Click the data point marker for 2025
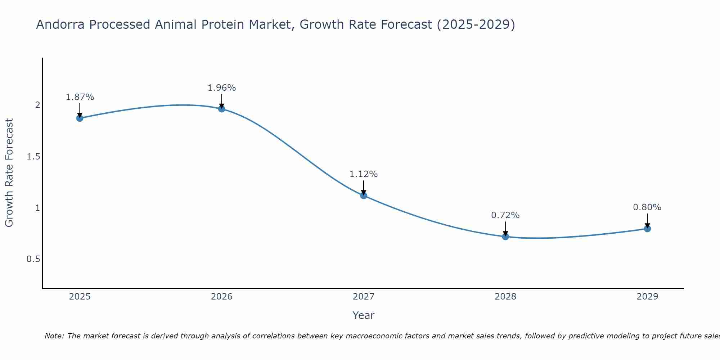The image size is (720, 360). click(80, 118)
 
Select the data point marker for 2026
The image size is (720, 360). click(222, 109)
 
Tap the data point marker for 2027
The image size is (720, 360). click(364, 195)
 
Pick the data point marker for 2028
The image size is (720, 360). click(505, 237)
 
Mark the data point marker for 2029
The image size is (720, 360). click(647, 229)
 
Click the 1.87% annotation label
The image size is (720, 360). click(80, 97)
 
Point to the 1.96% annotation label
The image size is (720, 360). click(222, 88)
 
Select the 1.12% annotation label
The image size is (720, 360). click(364, 174)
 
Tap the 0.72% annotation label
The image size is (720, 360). click(505, 215)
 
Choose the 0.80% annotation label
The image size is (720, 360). click(647, 207)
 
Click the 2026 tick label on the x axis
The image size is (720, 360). click(222, 297)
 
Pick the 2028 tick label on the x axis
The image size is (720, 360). click(505, 297)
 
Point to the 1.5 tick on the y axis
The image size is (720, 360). click(33, 157)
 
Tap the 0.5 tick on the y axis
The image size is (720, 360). click(33, 259)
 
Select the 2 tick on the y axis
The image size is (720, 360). click(37, 105)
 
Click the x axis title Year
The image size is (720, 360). click(364, 315)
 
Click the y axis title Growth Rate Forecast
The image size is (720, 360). click(9, 173)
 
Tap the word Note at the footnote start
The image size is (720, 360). click(54, 336)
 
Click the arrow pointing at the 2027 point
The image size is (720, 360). click(364, 187)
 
